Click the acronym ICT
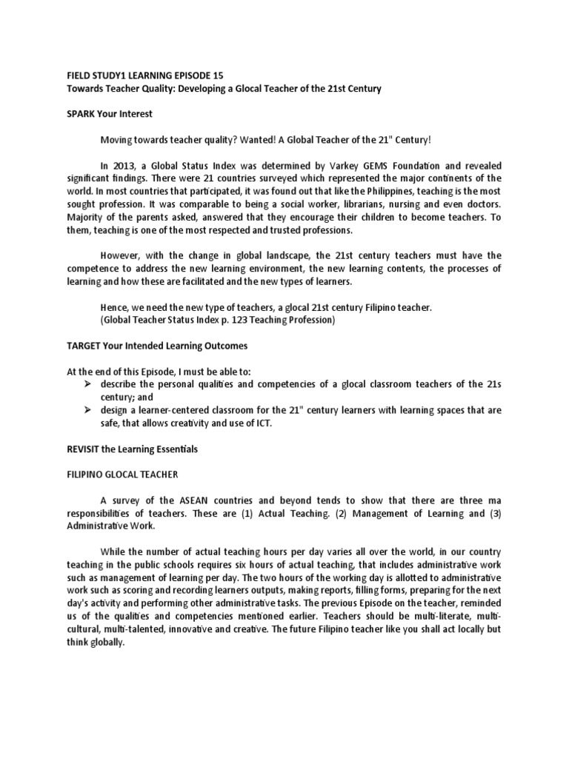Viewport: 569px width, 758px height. [296, 423]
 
